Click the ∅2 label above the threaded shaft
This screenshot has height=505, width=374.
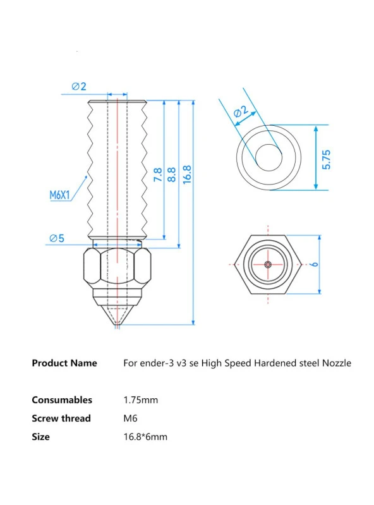(78, 87)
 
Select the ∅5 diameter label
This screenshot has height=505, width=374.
(57, 238)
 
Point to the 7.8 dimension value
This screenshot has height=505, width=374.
(157, 175)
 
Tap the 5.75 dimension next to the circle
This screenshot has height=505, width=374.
(326, 158)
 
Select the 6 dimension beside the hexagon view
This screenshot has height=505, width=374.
(314, 264)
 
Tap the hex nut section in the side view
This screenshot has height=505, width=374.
(118, 269)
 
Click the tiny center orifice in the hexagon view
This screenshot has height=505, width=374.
(268, 264)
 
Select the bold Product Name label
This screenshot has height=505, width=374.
(64, 363)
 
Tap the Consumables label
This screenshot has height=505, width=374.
(62, 399)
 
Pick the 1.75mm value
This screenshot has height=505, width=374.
(141, 399)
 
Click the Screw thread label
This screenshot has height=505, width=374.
(61, 418)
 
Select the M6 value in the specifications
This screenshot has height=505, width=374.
(130, 418)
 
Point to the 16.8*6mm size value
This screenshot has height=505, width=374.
(145, 436)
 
